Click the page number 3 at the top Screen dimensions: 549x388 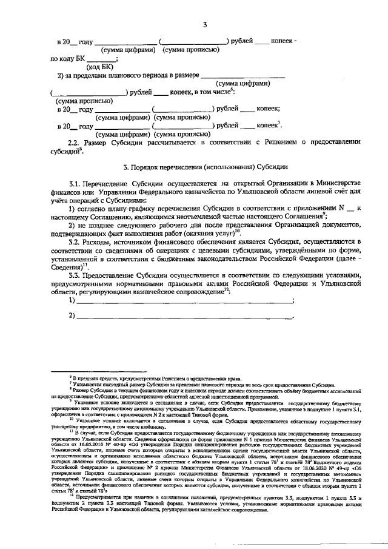pyautogui.click(x=206, y=24)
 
